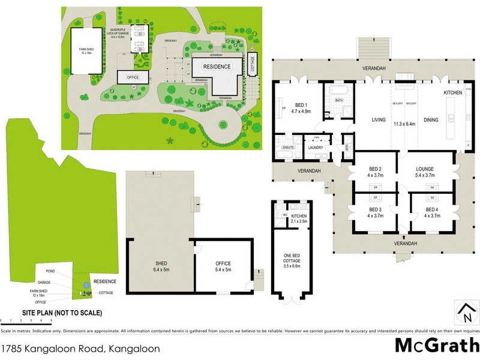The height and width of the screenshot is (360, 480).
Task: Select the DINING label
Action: coord(430,120)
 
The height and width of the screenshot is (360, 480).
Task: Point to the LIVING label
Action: coord(379,120)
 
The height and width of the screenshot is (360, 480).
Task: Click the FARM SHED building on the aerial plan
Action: coord(88,51)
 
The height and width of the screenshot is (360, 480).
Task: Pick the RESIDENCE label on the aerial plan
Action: coord(217,67)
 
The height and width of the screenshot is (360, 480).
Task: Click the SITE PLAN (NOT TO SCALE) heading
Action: coord(62,313)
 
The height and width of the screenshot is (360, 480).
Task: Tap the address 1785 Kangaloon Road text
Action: coord(81,348)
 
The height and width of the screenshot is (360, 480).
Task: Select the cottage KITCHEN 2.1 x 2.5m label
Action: coord(299,218)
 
